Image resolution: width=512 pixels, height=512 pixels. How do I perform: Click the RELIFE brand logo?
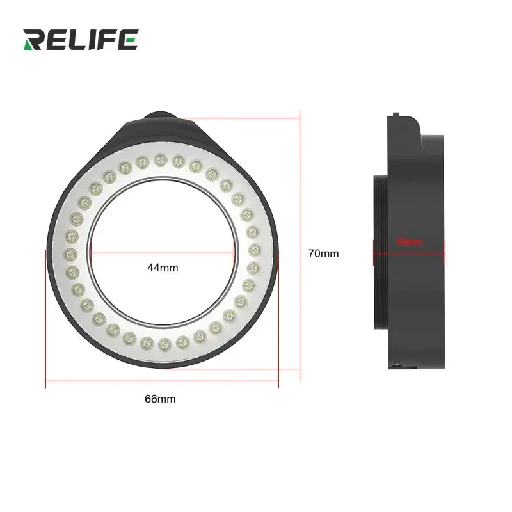(80, 39)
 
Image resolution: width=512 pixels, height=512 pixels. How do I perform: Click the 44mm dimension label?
(163, 268)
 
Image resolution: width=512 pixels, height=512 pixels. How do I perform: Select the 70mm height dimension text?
(323, 253)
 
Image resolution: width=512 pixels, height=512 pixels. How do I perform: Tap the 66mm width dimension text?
(160, 399)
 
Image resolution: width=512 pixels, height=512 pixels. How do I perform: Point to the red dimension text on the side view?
(410, 242)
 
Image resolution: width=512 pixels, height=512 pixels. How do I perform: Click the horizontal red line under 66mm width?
(162, 383)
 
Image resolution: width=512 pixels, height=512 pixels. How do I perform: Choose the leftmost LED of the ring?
(69, 253)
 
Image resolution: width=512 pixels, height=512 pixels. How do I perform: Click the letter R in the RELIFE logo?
(34, 39)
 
